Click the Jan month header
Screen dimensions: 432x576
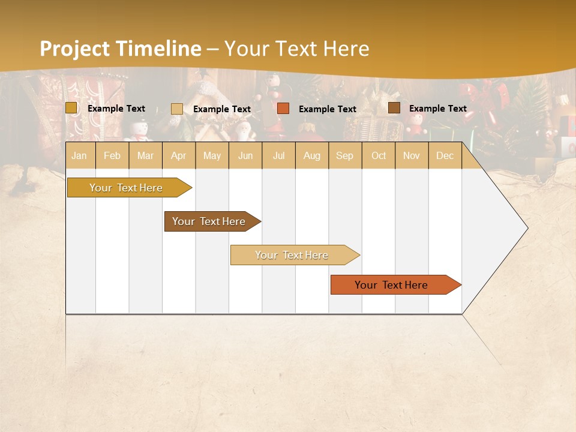(x=79, y=155)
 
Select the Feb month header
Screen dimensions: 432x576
(x=112, y=155)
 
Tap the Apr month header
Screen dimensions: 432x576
(x=178, y=155)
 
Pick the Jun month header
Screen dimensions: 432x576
(x=245, y=155)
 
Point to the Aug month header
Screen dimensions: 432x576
(x=312, y=155)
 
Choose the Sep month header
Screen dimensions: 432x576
(x=344, y=155)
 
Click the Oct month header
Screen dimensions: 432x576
(x=379, y=155)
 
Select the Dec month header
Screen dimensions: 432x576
(x=445, y=155)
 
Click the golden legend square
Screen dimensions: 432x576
(x=71, y=108)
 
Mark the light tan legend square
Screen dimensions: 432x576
(x=177, y=109)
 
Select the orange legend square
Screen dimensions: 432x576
(x=283, y=109)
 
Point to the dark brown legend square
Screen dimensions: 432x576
(x=394, y=108)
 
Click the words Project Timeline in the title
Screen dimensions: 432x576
(x=120, y=49)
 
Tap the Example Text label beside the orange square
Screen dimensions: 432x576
(x=327, y=109)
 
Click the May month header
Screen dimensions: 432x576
(x=212, y=155)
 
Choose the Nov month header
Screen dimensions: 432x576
(x=412, y=155)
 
